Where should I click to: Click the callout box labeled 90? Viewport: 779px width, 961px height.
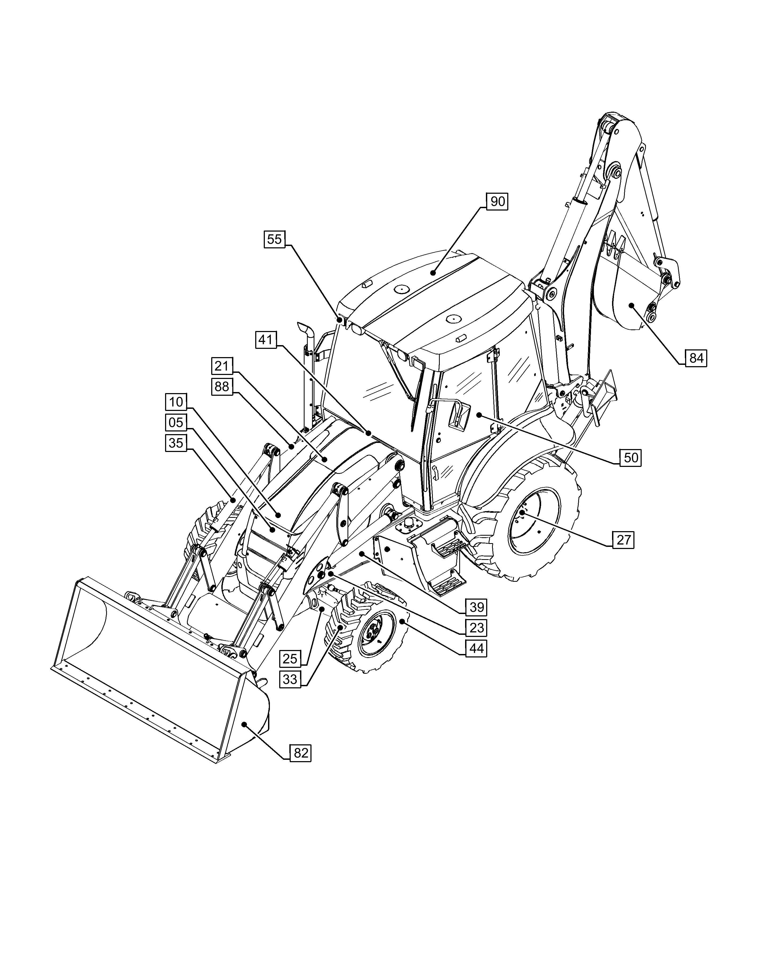[x=497, y=201]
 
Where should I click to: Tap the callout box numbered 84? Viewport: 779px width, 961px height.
[x=696, y=358]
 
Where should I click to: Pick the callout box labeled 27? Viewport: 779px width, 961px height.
[x=623, y=539]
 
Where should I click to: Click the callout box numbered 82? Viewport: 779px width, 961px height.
[x=300, y=753]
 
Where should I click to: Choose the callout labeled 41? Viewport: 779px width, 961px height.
[x=266, y=340]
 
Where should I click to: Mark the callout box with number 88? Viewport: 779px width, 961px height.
[x=222, y=386]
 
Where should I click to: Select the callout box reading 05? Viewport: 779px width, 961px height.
[x=176, y=422]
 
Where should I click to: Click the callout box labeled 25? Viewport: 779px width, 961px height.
[x=290, y=658]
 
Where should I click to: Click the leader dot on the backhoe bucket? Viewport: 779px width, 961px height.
[x=631, y=305]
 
